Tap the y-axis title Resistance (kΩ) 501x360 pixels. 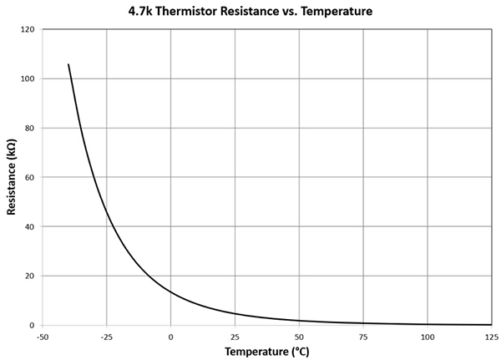(x=12, y=177)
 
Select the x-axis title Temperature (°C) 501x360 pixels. (x=266, y=352)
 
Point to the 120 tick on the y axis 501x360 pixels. (x=28, y=30)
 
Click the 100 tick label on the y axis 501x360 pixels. (x=28, y=79)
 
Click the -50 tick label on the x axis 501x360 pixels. (x=43, y=337)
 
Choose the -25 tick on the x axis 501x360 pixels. (x=107, y=337)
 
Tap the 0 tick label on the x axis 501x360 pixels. (x=171, y=337)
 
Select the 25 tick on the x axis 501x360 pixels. (x=235, y=337)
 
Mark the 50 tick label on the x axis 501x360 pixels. (x=300, y=337)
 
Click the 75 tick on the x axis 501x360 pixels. (x=364, y=337)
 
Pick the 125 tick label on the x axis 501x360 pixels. (x=492, y=337)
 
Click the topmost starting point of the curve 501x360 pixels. (x=68, y=64)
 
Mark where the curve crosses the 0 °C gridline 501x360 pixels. (x=171, y=292)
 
